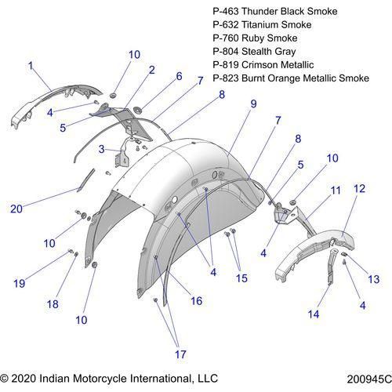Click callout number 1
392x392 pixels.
coord(31,66)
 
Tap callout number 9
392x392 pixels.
coord(253,104)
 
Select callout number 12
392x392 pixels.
coord(359,189)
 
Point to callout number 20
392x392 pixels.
coord(16,209)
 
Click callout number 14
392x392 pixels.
coord(314,314)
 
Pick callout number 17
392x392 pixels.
coord(180,354)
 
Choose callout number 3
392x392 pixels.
coord(101,149)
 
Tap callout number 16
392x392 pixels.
coord(197,301)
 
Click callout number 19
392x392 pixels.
coord(20,284)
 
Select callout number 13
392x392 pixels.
coord(374,279)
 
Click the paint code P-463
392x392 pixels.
coord(226,11)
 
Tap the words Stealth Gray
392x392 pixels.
coord(269,52)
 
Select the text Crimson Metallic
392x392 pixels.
coord(278,65)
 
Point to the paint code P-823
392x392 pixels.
coord(226,78)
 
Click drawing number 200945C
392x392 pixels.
coord(369,379)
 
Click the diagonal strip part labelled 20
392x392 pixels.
coord(86,180)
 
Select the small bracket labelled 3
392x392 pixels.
coord(122,156)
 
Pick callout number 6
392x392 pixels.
coord(179,76)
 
